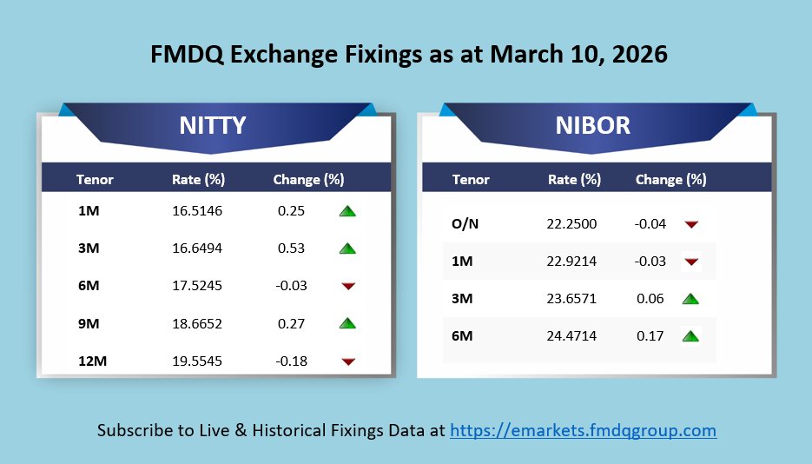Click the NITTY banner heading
212,126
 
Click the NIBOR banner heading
592,126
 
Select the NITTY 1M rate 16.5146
197,210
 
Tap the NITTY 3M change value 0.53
291,249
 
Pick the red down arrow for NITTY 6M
347,286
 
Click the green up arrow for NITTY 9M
347,323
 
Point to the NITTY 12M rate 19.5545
197,361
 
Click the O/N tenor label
465,224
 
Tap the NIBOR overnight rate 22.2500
572,224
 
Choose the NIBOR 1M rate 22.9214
572,262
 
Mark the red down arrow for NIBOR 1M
691,262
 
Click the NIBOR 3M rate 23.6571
572,299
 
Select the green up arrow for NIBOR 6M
691,336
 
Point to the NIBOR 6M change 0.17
650,336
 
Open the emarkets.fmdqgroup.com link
583,430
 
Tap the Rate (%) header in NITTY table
198,180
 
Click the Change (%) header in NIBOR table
670,180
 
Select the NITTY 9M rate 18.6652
197,323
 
